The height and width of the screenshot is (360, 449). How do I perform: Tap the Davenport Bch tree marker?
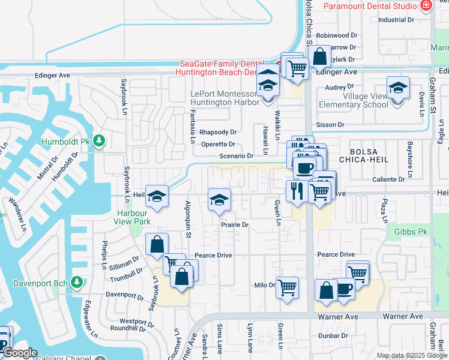pyautogui.click(x=76, y=281)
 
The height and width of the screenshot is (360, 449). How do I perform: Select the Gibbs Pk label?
pyautogui.click(x=411, y=232)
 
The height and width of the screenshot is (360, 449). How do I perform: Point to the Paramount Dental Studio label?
pyautogui.click(x=370, y=6)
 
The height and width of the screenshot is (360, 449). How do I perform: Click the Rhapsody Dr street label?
pyautogui.click(x=218, y=132)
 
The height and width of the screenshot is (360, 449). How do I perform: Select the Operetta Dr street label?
pyautogui.click(x=218, y=144)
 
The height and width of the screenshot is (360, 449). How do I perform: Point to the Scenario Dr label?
pyautogui.click(x=235, y=156)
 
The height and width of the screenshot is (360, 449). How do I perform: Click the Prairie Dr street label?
pyautogui.click(x=234, y=225)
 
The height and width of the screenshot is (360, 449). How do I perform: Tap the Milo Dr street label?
pyautogui.click(x=264, y=285)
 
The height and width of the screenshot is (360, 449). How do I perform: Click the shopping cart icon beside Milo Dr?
pyautogui.click(x=288, y=287)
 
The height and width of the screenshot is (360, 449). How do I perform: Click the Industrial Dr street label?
pyautogui.click(x=396, y=20)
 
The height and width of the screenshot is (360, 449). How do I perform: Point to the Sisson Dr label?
pyautogui.click(x=333, y=125)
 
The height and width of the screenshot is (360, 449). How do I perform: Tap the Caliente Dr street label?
pyautogui.click(x=389, y=179)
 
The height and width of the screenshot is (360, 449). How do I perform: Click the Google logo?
pyautogui.click(x=20, y=353)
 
